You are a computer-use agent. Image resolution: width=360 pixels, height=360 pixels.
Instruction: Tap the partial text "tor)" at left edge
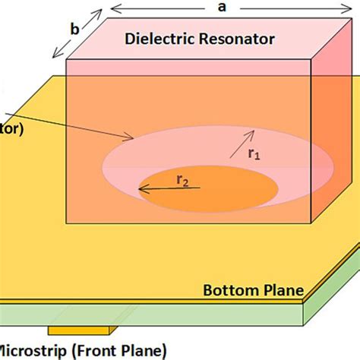point(11,129)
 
